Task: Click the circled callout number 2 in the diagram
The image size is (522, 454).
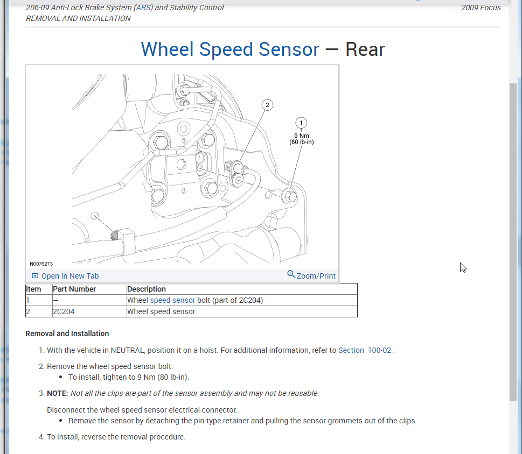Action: click(x=267, y=105)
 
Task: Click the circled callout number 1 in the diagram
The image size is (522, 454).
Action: click(x=301, y=123)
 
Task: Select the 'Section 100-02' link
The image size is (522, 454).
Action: click(x=365, y=350)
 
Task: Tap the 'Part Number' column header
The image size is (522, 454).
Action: click(x=74, y=289)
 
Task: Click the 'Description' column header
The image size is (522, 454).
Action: click(x=147, y=289)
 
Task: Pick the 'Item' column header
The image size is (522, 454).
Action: click(x=33, y=289)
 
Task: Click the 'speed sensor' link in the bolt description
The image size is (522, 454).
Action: click(x=172, y=300)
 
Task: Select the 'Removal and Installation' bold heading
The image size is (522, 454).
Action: click(x=67, y=334)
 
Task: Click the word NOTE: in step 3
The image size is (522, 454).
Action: click(x=58, y=393)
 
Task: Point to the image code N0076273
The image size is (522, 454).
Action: click(x=41, y=264)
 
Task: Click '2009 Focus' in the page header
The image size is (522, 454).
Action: click(x=481, y=8)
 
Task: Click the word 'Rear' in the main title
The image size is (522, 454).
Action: click(x=365, y=49)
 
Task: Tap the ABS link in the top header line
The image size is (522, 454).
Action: click(x=144, y=8)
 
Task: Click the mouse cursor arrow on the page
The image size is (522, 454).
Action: click(x=463, y=267)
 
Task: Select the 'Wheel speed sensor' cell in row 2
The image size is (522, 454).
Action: click(x=161, y=311)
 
